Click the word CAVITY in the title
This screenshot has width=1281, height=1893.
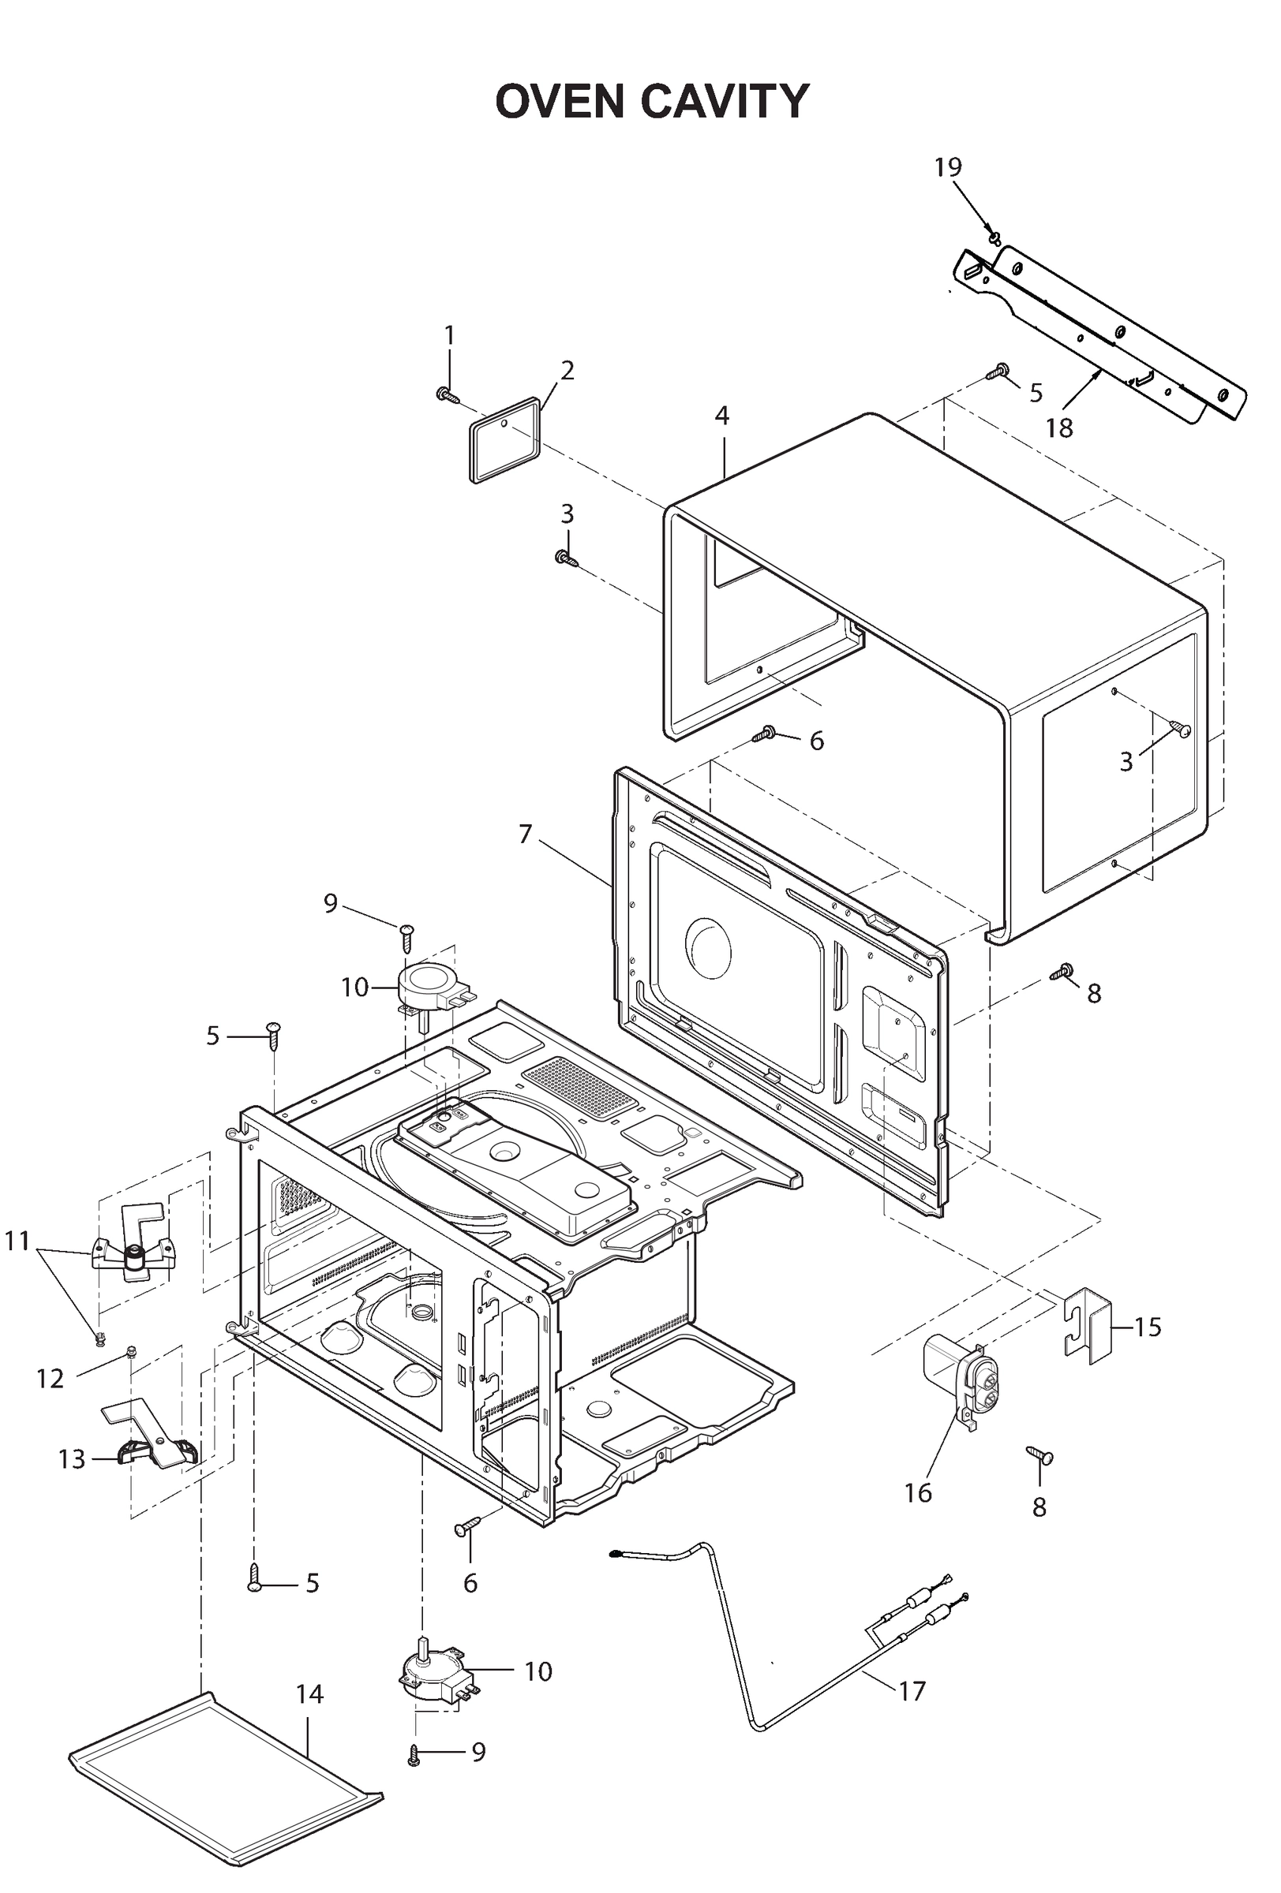[x=725, y=102]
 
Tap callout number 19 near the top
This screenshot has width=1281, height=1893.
[x=947, y=167]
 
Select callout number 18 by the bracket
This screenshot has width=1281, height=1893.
[x=1058, y=428]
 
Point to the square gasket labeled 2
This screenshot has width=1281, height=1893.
[x=505, y=440]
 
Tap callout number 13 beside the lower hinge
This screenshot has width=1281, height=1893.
[x=72, y=1459]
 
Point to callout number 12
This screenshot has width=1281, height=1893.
[x=50, y=1379]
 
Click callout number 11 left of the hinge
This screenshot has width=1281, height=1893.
[x=17, y=1241]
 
